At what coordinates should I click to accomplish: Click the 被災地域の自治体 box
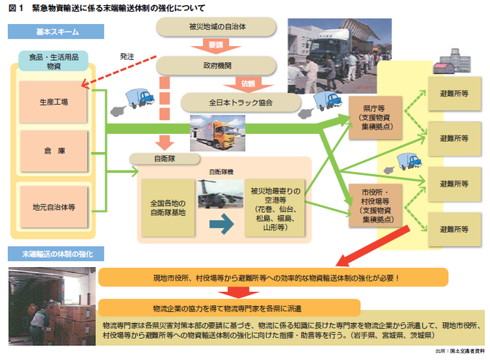[217, 27]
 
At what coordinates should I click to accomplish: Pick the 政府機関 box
[217, 64]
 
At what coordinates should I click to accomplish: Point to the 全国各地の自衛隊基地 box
[167, 207]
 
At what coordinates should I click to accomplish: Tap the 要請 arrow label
[217, 45]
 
